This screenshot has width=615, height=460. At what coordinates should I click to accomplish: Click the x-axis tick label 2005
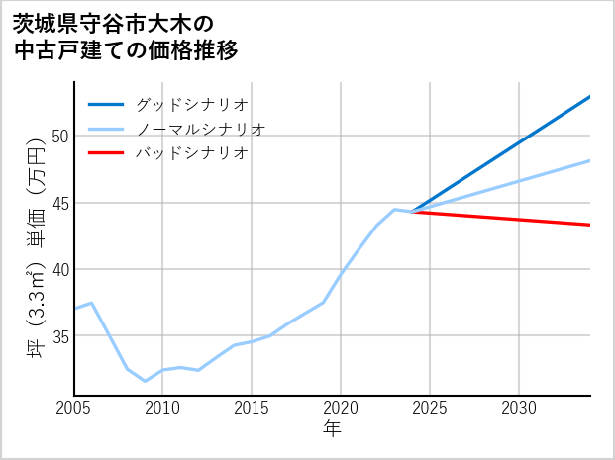tap(74, 408)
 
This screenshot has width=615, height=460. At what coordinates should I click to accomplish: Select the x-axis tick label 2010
tap(162, 408)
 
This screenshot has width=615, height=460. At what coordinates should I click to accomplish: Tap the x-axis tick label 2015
tap(252, 408)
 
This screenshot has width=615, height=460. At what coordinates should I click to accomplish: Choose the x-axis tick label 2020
tap(341, 408)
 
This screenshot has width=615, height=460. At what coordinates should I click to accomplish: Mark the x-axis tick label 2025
tap(430, 408)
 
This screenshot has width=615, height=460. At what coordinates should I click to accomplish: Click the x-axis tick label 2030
tap(519, 408)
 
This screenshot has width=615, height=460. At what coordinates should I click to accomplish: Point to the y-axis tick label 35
tap(60, 336)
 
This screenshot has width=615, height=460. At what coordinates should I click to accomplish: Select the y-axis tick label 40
tap(60, 269)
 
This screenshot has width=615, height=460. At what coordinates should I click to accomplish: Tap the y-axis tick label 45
tap(60, 203)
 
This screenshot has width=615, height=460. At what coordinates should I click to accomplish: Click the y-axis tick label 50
tap(60, 136)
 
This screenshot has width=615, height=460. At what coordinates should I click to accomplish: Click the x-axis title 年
tap(332, 429)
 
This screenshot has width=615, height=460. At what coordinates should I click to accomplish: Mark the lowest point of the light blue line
tap(146, 381)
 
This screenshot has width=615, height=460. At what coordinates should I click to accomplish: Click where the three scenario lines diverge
tap(412, 212)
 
